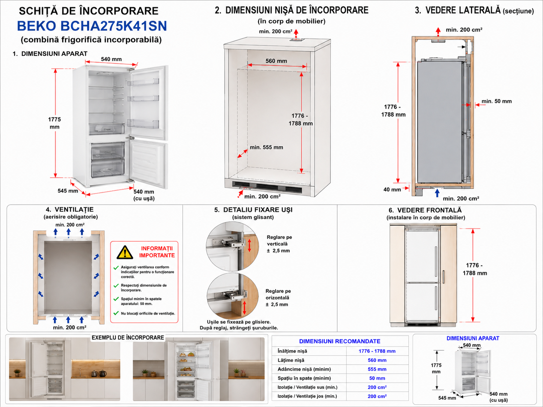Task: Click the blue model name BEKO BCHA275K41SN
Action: click(x=92, y=26)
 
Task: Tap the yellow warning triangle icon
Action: click(x=125, y=253)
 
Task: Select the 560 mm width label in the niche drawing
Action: click(x=276, y=61)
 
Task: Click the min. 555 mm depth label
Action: click(x=266, y=147)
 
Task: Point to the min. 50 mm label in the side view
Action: click(x=496, y=101)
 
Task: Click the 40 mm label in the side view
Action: click(x=392, y=190)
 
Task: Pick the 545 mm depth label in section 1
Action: click(x=68, y=191)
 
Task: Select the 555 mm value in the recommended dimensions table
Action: click(x=377, y=369)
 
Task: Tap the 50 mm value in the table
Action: click(x=377, y=378)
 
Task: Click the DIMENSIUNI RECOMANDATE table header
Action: click(x=340, y=341)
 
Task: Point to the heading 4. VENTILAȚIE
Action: click(x=70, y=209)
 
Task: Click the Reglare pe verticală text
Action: click(x=279, y=241)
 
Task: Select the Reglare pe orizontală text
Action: click(x=278, y=294)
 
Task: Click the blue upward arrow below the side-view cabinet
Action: click(x=437, y=193)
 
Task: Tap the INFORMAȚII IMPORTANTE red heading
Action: click(x=157, y=252)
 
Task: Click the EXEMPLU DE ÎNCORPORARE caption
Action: click(x=127, y=338)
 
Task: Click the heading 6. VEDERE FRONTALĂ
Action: click(x=425, y=210)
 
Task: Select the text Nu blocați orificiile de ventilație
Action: click(x=148, y=313)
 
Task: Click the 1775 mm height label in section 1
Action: click(x=54, y=123)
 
